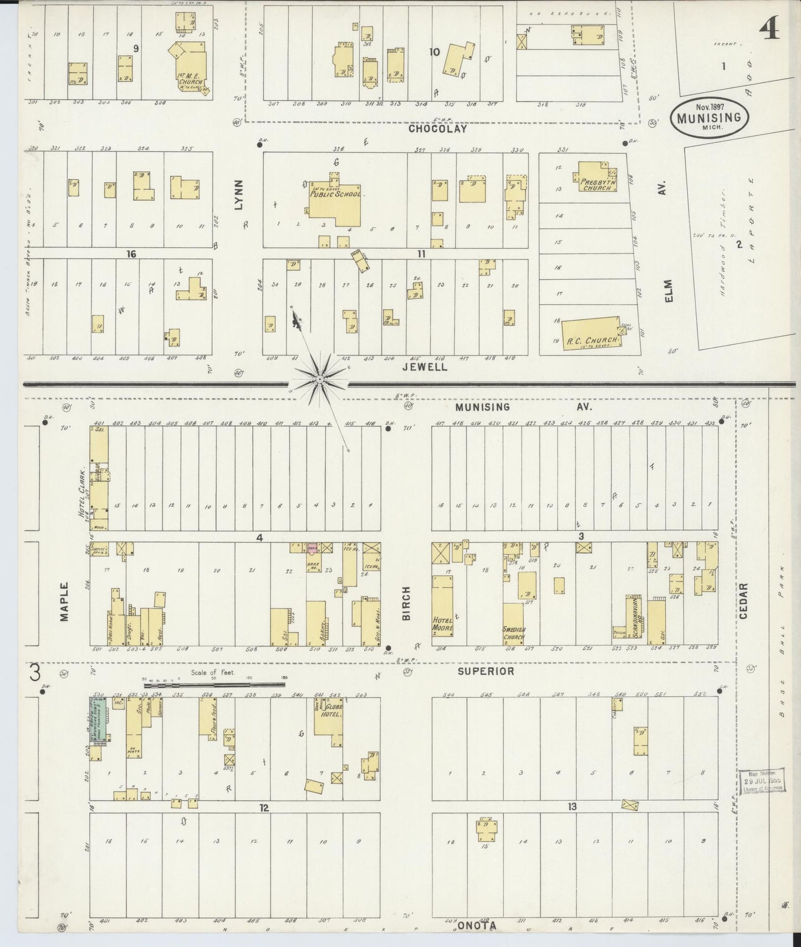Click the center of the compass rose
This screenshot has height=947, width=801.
point(319,379)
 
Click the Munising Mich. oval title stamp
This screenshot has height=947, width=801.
point(709,117)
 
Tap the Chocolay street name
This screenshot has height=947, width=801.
point(437,129)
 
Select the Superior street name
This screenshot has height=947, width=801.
point(486,671)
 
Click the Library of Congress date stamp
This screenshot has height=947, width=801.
point(764,781)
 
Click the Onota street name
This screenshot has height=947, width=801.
point(477,925)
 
